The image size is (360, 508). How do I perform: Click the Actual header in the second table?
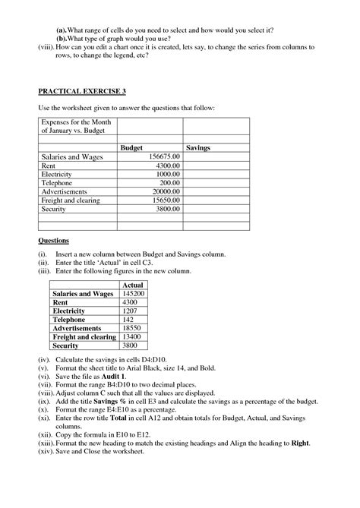pos(133,285)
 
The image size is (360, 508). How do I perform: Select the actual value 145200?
pos(134,293)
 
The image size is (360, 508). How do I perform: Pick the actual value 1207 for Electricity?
pos(131,311)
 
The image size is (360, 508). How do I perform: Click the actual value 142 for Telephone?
pos(129,320)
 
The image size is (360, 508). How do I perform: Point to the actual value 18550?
pos(132,328)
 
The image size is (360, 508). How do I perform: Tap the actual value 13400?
pos(132,336)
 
